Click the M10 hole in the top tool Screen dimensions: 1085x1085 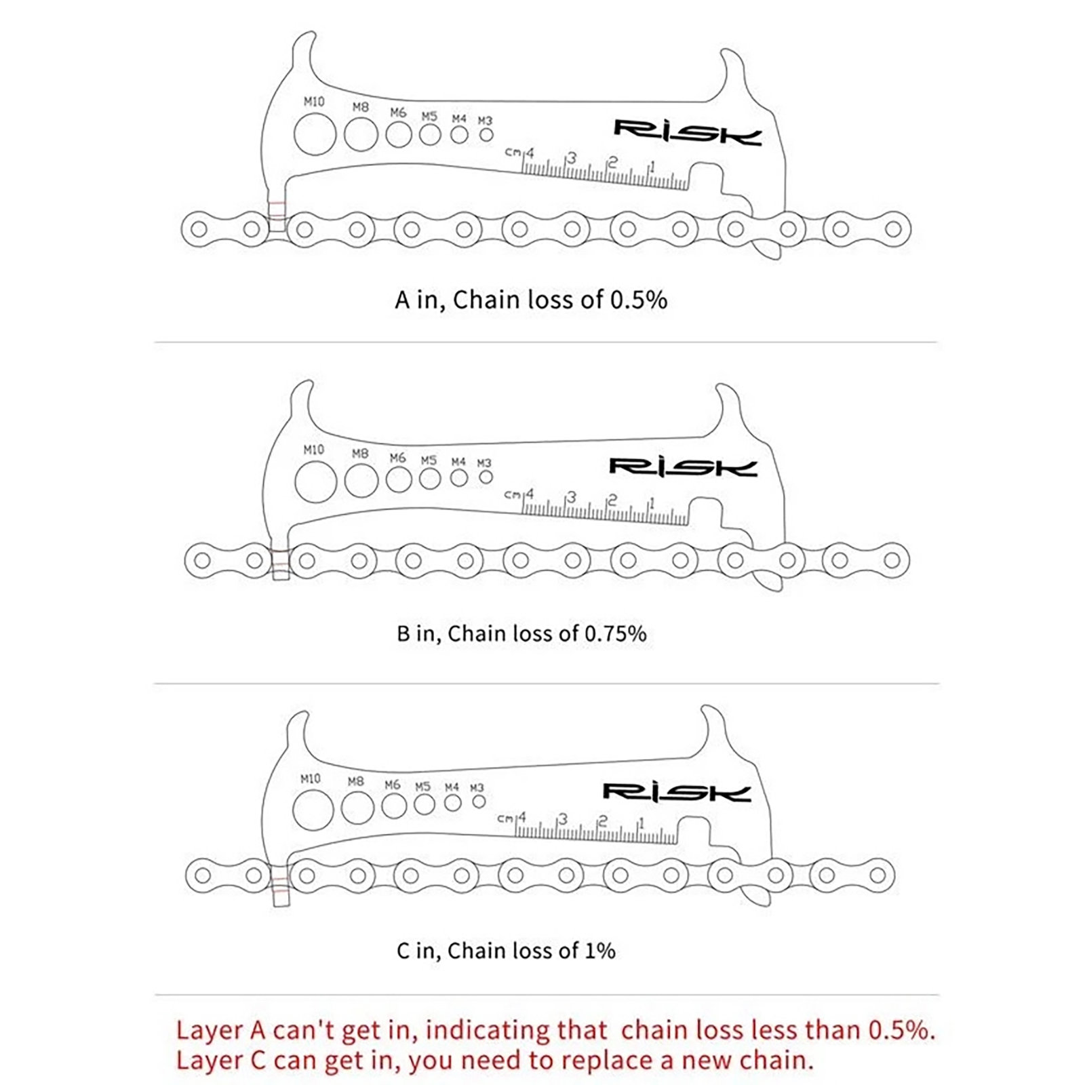coord(315,134)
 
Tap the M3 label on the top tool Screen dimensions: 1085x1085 coord(485,121)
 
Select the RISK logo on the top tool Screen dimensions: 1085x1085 coord(688,132)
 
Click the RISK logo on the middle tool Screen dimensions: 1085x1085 coord(683,467)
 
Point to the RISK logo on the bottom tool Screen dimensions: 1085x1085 coord(677,792)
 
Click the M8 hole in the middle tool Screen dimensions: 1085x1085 coord(361,481)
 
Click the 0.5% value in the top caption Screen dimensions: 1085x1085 coord(639,300)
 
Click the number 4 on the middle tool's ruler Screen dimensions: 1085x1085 coord(530,494)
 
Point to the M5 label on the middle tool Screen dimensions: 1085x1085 coord(429,460)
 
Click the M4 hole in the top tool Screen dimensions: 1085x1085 coord(459,134)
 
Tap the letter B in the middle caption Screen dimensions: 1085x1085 coord(403,633)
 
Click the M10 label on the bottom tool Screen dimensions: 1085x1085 coord(311,778)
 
